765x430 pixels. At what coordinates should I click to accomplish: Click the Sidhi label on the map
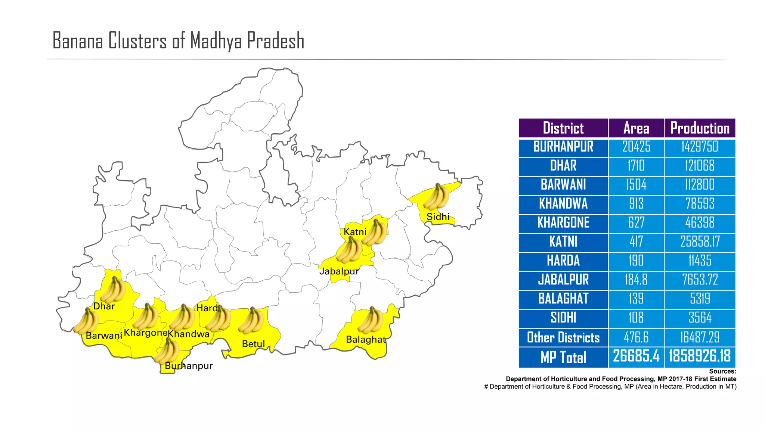tap(438, 217)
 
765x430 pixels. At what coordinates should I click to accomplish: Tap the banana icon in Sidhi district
tap(436, 197)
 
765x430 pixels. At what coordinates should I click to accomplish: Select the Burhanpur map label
tap(189, 366)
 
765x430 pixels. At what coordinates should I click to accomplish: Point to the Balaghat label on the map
tap(365, 340)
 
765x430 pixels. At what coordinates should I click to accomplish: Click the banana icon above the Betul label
tap(251, 321)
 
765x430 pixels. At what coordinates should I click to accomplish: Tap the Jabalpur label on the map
tap(339, 271)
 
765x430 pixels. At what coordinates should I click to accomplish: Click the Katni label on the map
tap(355, 232)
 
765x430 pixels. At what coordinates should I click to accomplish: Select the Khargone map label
tap(145, 333)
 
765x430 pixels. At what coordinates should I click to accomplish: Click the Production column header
tap(700, 128)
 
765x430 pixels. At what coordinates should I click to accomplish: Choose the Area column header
tap(636, 128)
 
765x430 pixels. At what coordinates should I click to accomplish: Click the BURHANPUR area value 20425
tap(636, 147)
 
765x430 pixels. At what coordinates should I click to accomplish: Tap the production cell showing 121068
tap(700, 166)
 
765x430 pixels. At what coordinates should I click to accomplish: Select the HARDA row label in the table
tap(563, 261)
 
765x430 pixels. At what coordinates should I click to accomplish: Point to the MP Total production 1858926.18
tap(700, 356)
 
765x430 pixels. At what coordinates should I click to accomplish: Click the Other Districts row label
tap(563, 337)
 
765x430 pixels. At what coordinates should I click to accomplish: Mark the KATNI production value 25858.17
tap(700, 242)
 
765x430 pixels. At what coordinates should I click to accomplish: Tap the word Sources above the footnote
tap(722, 371)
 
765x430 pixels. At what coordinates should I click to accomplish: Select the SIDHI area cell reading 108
tap(636, 318)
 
